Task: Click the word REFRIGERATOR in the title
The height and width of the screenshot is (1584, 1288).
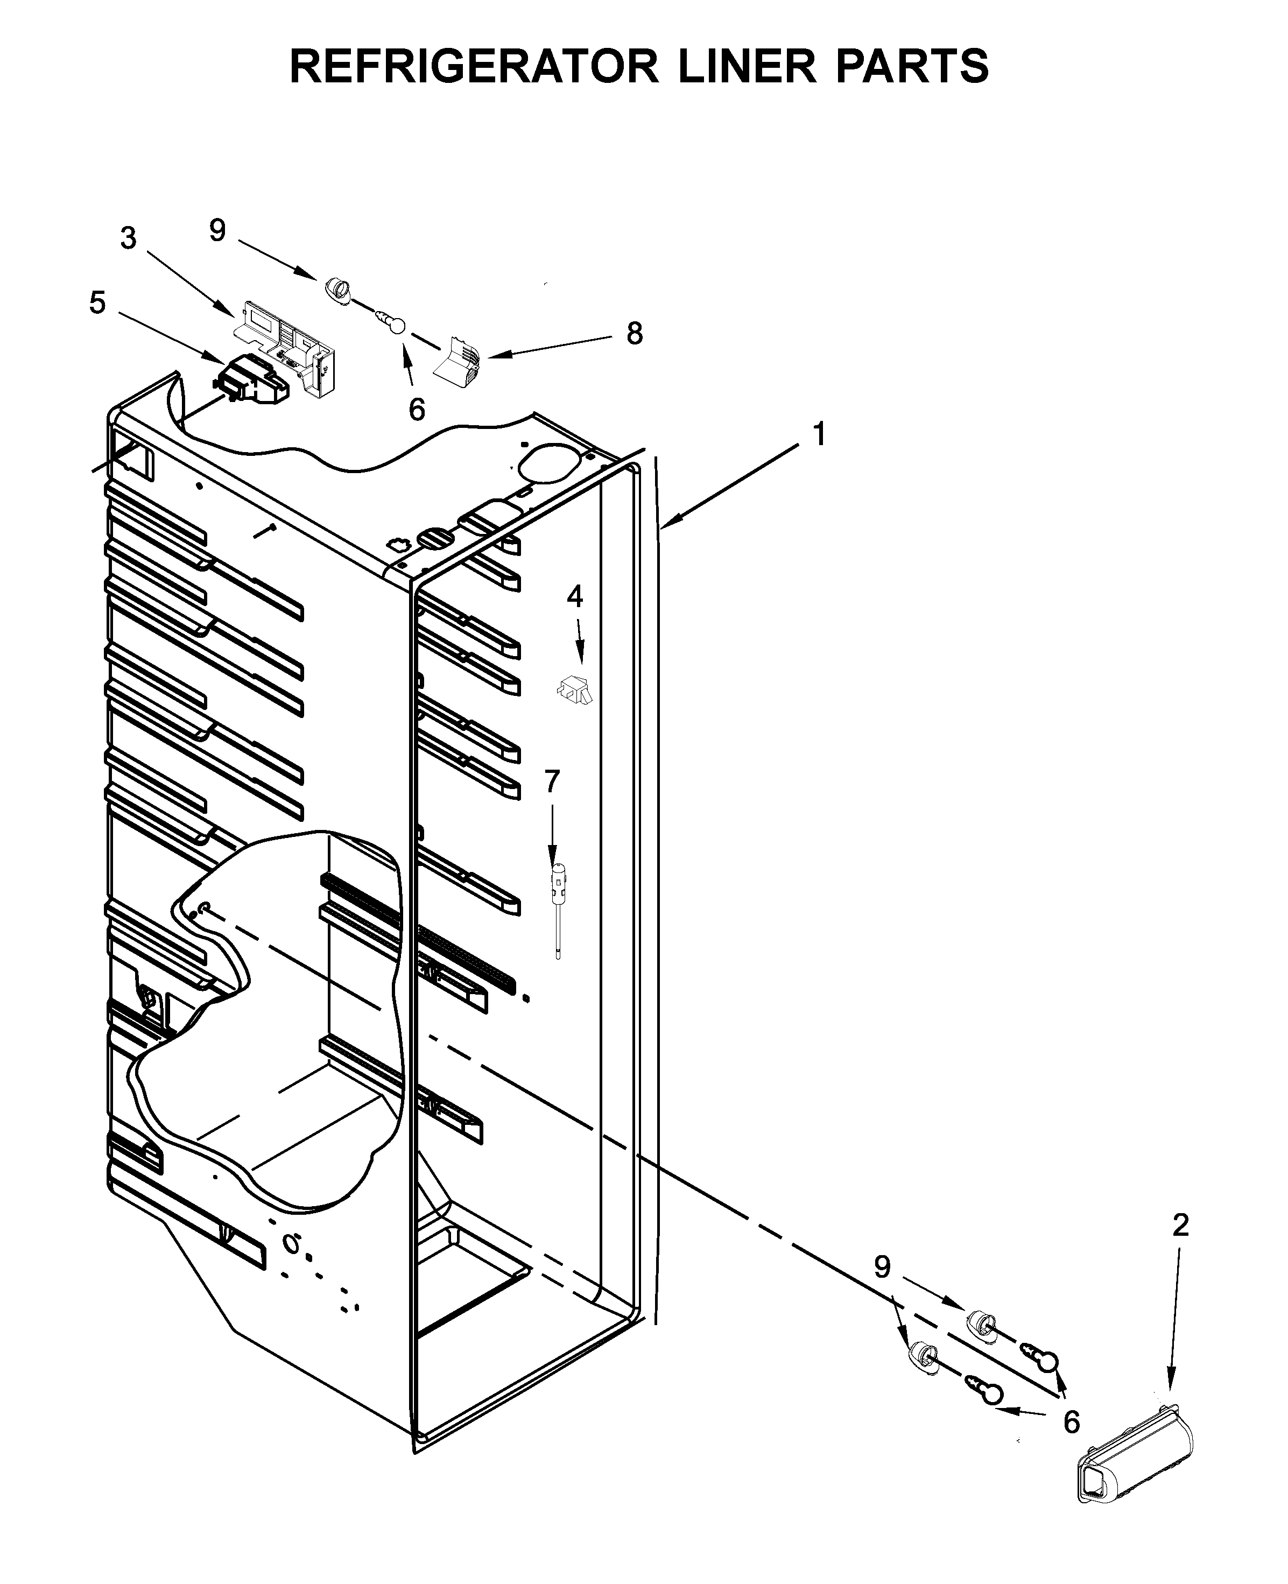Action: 475,66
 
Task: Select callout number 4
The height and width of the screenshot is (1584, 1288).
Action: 575,596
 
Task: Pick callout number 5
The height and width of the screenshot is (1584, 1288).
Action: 97,302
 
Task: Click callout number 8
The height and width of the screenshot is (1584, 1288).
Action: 635,334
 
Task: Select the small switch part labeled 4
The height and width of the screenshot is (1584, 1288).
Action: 575,690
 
